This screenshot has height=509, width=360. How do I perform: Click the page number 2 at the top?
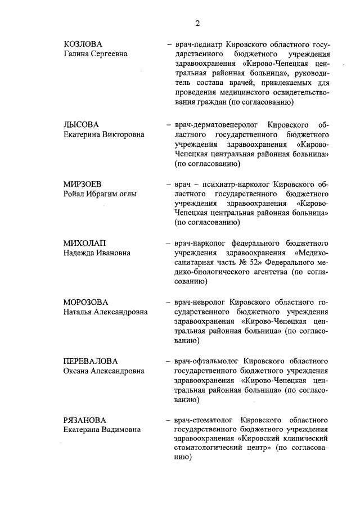click(198, 23)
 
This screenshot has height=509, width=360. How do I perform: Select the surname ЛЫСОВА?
click(80, 124)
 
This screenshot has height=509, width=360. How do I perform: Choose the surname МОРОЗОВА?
click(85, 302)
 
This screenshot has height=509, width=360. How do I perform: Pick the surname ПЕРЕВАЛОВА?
click(90, 361)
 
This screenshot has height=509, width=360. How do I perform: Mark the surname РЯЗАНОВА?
click(84, 420)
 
